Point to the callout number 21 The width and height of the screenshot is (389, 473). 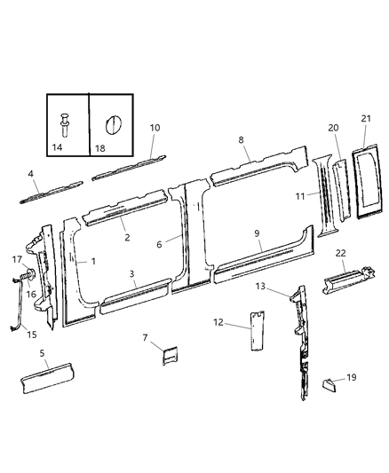coord(366,119)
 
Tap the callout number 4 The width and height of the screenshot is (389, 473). coord(30,174)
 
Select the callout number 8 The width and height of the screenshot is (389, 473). coord(241,139)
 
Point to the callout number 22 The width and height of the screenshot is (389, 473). coord(340,253)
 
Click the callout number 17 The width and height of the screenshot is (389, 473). coord(16,259)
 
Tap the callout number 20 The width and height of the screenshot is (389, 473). coord(334,128)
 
